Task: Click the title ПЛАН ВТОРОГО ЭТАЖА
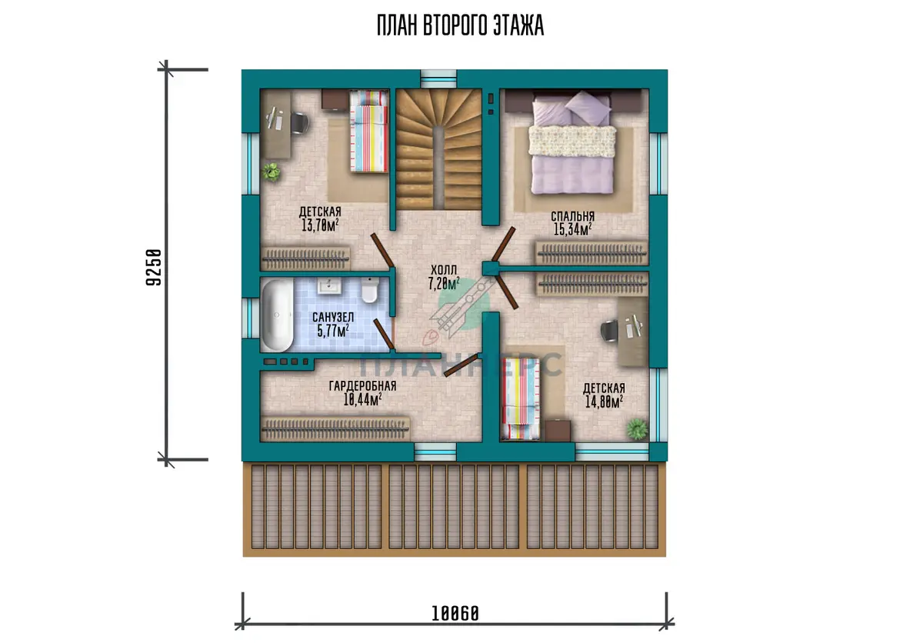[x=460, y=25]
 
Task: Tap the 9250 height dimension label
[x=154, y=268]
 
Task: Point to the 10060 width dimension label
[x=455, y=613]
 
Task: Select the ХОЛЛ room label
[x=444, y=270]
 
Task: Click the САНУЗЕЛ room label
[x=333, y=317]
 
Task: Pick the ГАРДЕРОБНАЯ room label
[x=362, y=386]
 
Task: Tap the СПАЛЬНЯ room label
[x=573, y=216]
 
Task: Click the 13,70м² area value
[x=320, y=225]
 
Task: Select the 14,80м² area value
[x=604, y=401]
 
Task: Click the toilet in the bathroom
[x=370, y=290]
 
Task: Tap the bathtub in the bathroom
[x=277, y=315]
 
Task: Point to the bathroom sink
[x=329, y=285]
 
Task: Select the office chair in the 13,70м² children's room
[x=300, y=123]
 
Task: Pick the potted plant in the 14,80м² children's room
[x=637, y=429]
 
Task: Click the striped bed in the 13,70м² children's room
[x=368, y=132]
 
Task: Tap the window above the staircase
[x=438, y=79]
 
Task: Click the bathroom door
[x=384, y=334]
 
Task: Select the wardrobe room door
[x=461, y=365]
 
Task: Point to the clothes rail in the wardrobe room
[x=335, y=430]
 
